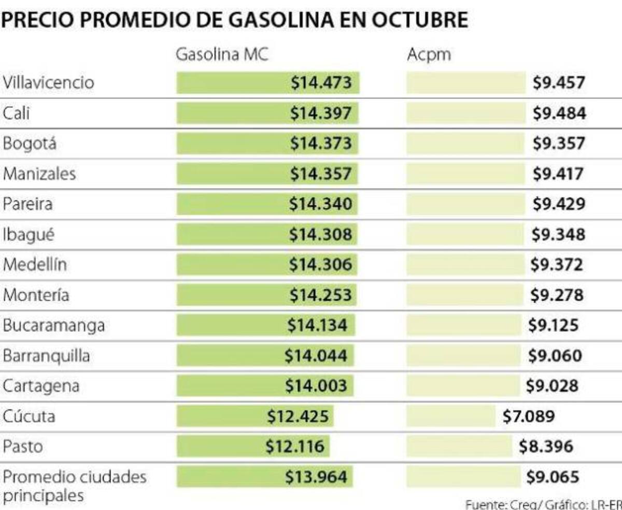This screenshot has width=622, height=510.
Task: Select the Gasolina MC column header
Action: coord(222,54)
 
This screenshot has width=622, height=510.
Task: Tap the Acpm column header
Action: coord(429,54)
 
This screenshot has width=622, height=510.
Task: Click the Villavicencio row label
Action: coord(49,83)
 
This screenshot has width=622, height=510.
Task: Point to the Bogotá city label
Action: coord(30,143)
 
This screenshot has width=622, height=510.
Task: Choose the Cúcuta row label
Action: coord(29,416)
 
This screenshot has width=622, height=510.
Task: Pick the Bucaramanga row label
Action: coord(54,326)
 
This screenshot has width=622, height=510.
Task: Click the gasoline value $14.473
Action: coord(321,83)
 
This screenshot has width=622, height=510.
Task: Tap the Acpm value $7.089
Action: coord(529,416)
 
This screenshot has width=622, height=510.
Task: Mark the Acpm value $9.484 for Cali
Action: coord(559,113)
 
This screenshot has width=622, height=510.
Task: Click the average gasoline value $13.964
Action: coord(316,476)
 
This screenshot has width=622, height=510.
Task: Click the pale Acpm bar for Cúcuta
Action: coord(451,416)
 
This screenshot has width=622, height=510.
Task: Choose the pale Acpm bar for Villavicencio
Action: coord(466,83)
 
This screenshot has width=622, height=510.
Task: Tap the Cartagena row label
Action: coord(41,386)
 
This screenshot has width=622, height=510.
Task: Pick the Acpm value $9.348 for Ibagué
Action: coord(559,235)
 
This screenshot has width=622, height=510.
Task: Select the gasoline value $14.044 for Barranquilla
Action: coord(316,356)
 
